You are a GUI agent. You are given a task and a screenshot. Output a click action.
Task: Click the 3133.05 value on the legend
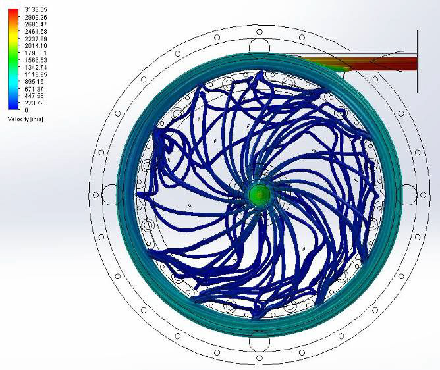[36, 10]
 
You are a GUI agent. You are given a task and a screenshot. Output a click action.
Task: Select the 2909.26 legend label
[36, 17]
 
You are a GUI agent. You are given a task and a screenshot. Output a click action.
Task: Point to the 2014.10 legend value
[36, 46]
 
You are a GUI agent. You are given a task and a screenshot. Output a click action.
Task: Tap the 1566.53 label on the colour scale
[36, 60]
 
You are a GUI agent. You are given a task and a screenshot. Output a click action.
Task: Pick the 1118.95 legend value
[36, 74]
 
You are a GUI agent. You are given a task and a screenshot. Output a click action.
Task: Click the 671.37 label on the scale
[34, 89]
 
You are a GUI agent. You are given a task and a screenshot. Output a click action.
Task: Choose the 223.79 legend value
[34, 103]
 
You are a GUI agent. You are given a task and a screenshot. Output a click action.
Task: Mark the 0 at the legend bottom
[26, 110]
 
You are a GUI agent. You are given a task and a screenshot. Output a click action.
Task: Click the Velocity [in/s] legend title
[26, 119]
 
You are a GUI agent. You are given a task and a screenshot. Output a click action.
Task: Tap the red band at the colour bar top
[14, 13]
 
